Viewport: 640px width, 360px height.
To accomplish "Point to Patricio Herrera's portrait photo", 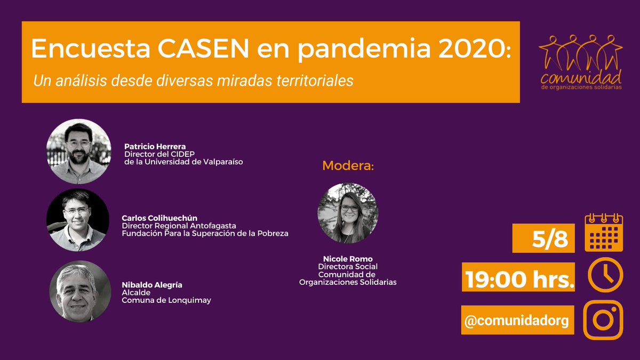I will click(x=78, y=151).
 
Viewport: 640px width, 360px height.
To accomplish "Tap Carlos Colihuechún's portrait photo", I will click(x=78, y=219).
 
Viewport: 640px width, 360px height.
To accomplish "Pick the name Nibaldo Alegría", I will click(x=152, y=285).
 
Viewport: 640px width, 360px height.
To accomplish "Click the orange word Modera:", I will click(x=348, y=166).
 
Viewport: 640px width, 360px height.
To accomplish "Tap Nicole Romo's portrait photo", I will click(x=348, y=213).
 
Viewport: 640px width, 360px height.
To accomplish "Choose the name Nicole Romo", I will click(x=348, y=259).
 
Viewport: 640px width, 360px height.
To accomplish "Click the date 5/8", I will click(x=544, y=238).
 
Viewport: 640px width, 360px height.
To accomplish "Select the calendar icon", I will click(x=604, y=233).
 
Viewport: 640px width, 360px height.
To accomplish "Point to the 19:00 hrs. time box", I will click(x=518, y=277).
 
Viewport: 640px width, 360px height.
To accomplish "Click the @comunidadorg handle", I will click(x=517, y=320).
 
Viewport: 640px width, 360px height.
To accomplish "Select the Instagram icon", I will click(x=603, y=320).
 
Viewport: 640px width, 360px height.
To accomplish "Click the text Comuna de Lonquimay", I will click(x=166, y=300).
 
